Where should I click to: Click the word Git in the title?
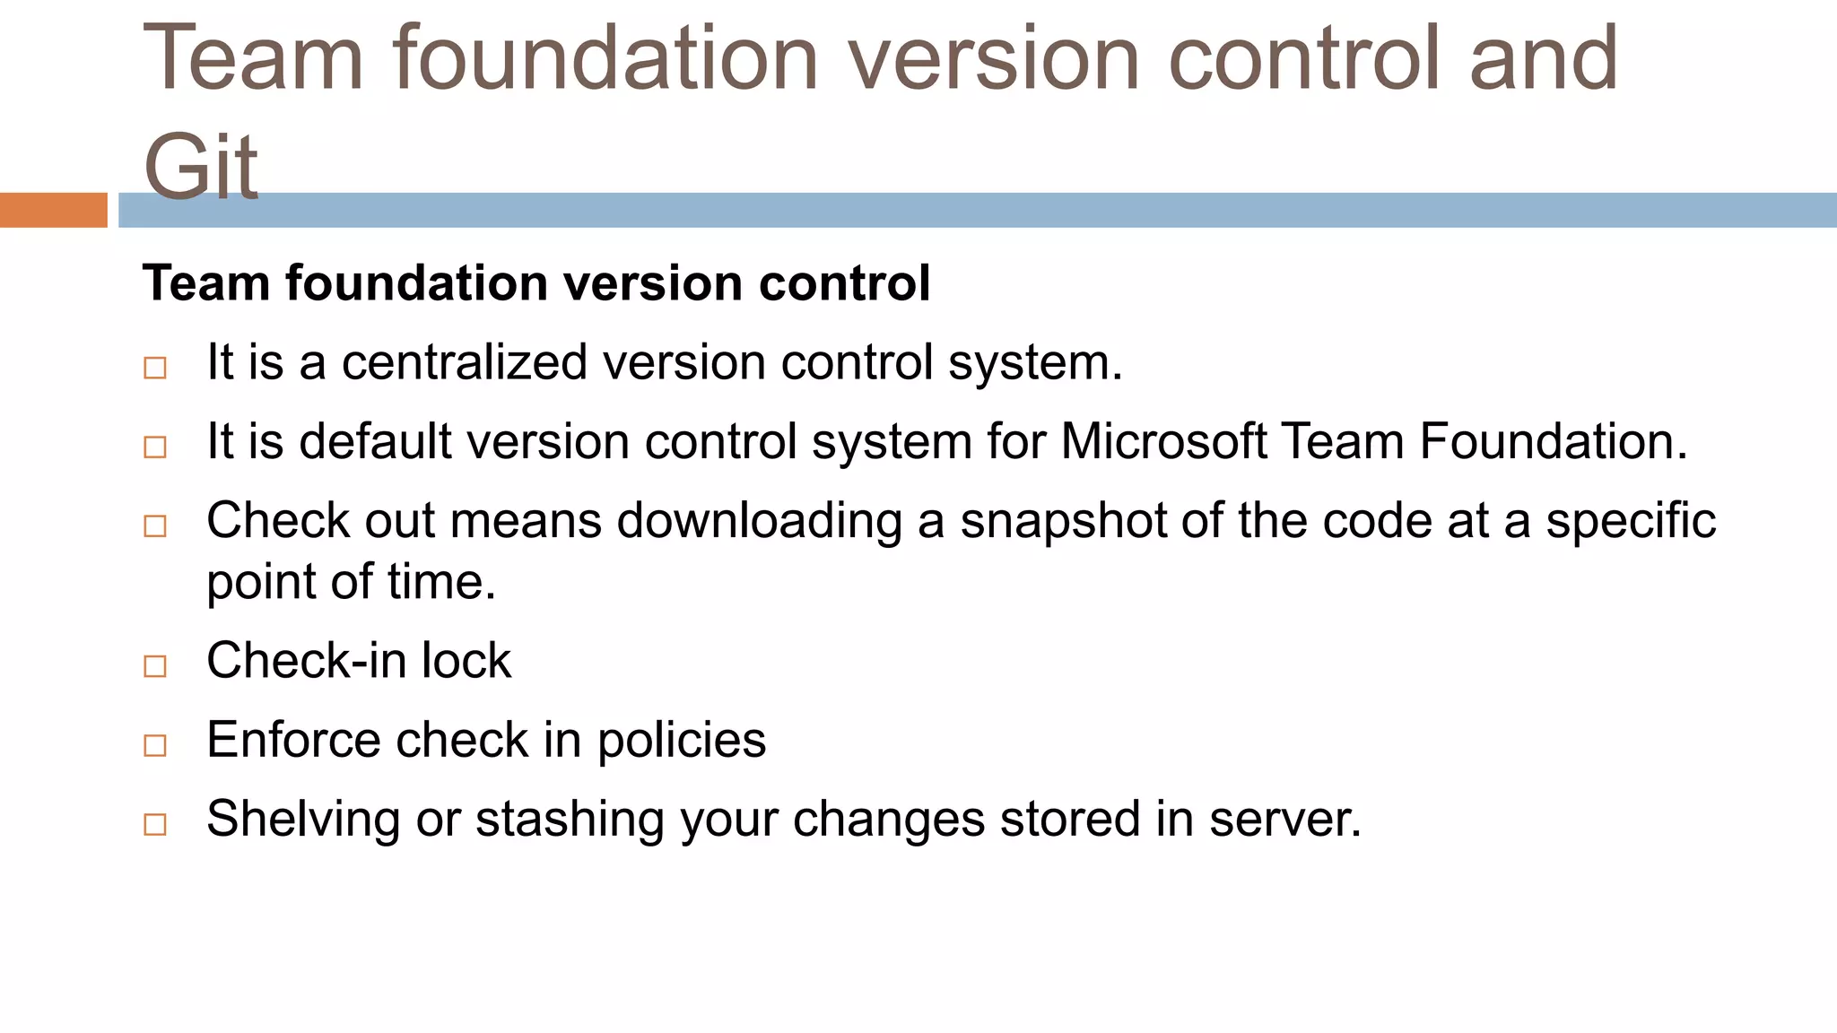point(201,166)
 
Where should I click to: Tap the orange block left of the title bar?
point(53,210)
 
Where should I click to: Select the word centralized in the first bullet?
point(464,362)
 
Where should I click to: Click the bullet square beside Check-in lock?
point(155,665)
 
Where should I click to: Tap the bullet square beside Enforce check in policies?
point(155,745)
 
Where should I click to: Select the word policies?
point(682,741)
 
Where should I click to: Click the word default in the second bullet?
point(375,441)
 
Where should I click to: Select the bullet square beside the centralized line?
point(155,368)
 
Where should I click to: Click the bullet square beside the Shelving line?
point(155,824)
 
